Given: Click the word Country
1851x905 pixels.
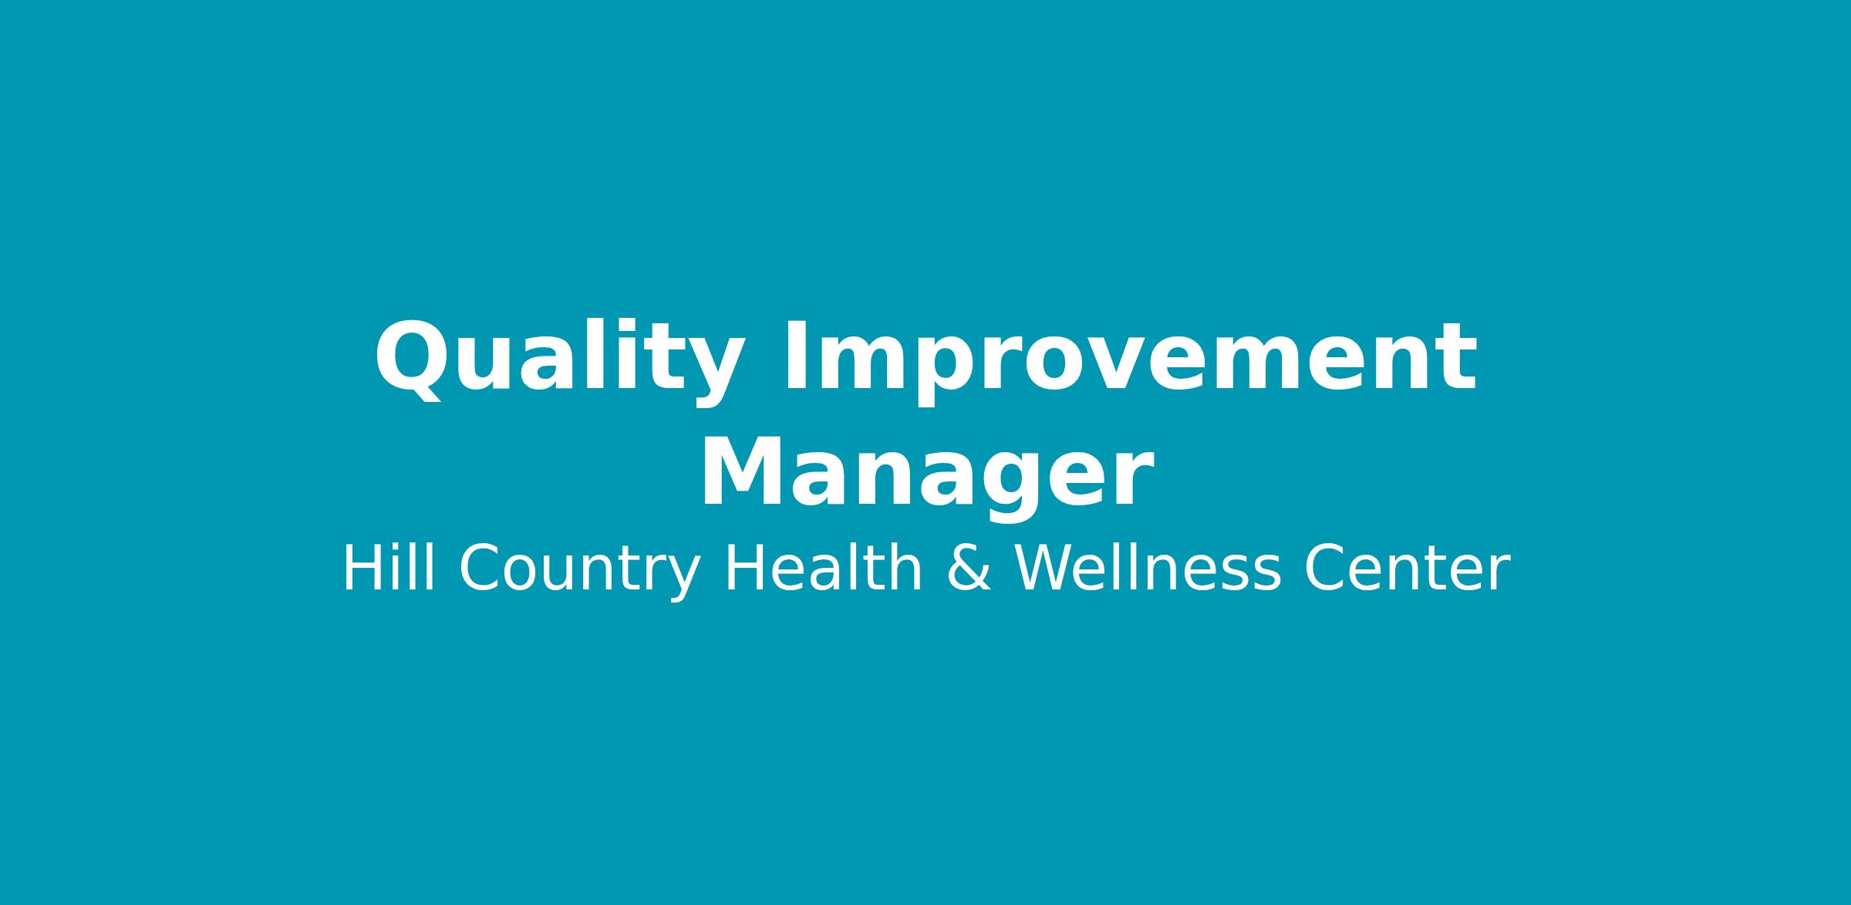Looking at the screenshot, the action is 579,572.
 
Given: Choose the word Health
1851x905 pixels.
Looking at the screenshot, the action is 823,569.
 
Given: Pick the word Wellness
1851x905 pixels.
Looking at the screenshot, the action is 1148,569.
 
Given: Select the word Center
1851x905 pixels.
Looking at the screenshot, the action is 1406,569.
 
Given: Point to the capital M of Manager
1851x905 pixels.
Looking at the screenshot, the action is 743,472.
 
